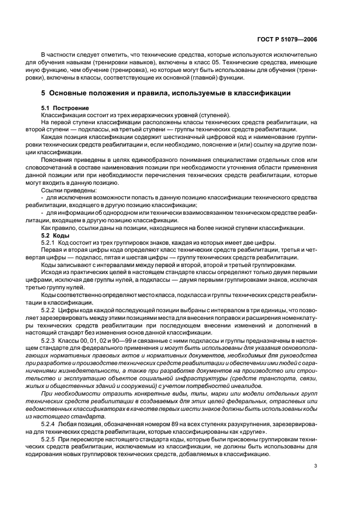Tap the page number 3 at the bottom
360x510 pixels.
click(315, 465)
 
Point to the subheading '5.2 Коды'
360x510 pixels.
click(55, 235)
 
